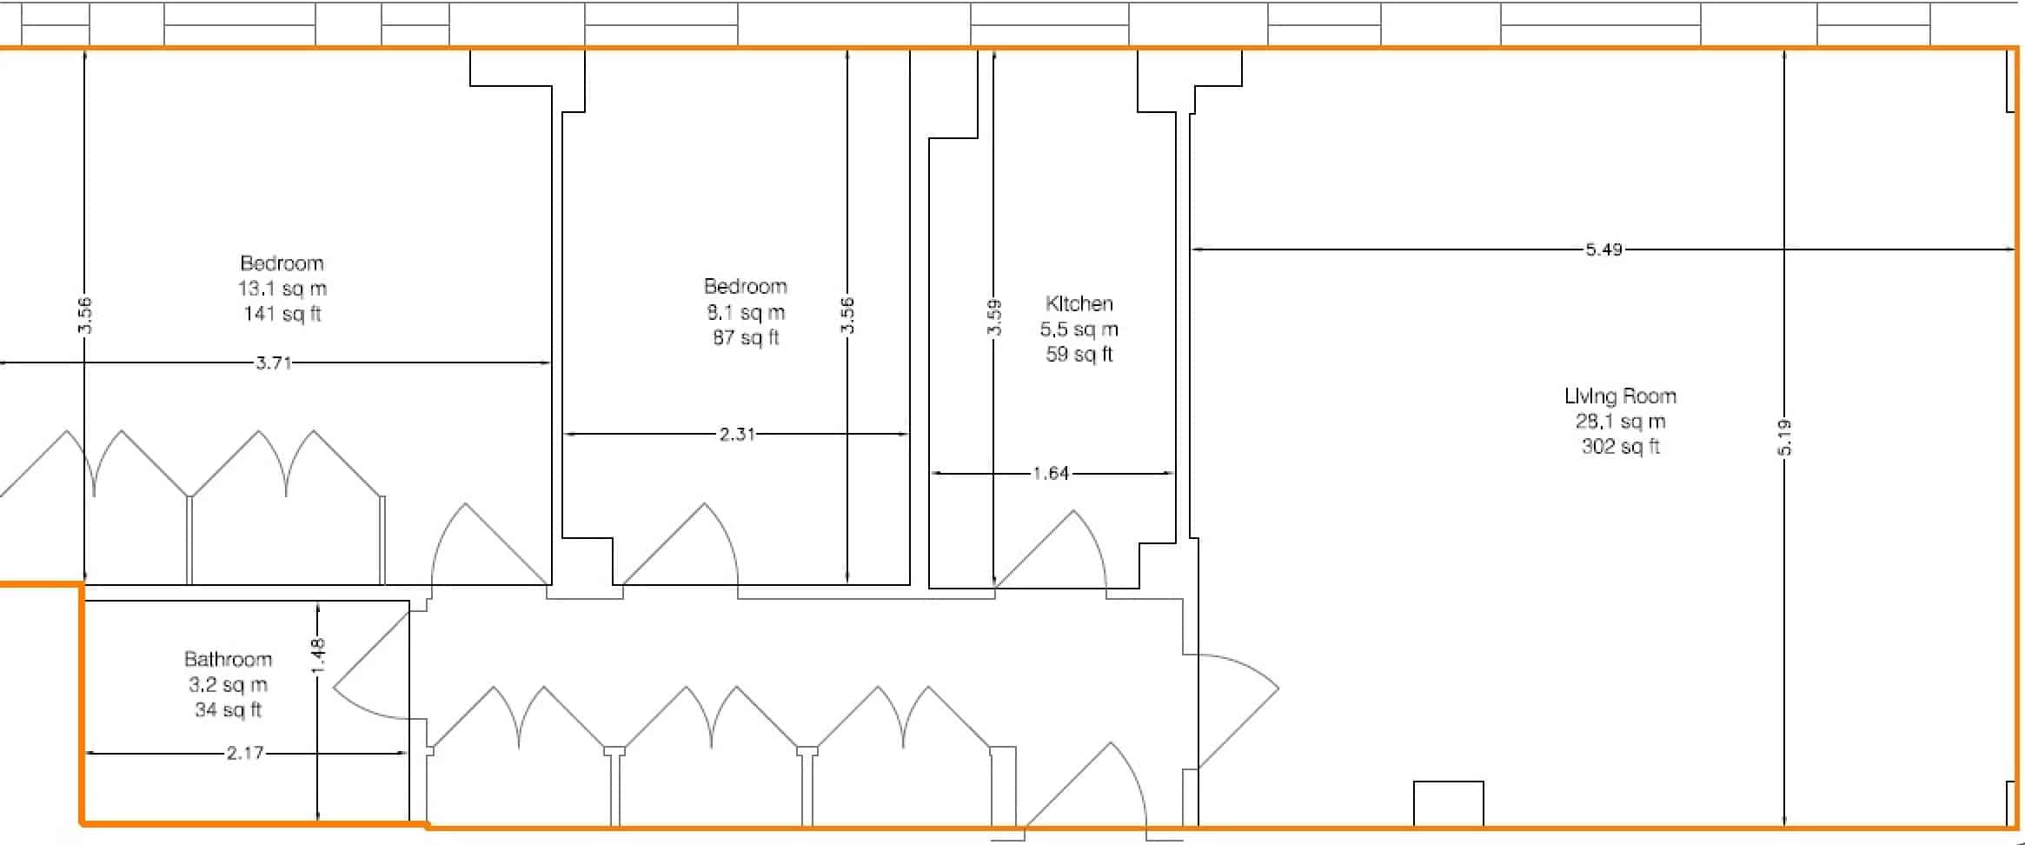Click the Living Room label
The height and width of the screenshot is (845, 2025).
[1620, 396]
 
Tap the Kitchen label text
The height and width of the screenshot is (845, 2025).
[1079, 304]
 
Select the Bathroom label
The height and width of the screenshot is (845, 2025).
[228, 660]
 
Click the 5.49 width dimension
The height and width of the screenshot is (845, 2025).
[1603, 250]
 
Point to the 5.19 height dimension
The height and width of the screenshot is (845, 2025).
[1784, 437]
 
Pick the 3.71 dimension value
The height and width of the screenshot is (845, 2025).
[273, 363]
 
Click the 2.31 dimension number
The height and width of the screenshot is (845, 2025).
[737, 434]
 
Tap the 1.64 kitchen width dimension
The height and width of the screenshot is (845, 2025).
[1051, 474]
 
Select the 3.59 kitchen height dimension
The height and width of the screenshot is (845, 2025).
[995, 317]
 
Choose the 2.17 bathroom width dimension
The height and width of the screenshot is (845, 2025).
[245, 753]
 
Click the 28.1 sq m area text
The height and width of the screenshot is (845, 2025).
[1620, 422]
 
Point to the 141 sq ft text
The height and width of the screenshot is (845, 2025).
[282, 314]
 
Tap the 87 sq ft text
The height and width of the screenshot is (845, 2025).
[746, 337]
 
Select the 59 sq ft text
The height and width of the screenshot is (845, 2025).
[1079, 355]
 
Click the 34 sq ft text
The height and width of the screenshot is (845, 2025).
[228, 710]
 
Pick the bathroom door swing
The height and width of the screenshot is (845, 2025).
[369, 669]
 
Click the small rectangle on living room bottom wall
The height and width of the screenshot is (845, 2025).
[1448, 803]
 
